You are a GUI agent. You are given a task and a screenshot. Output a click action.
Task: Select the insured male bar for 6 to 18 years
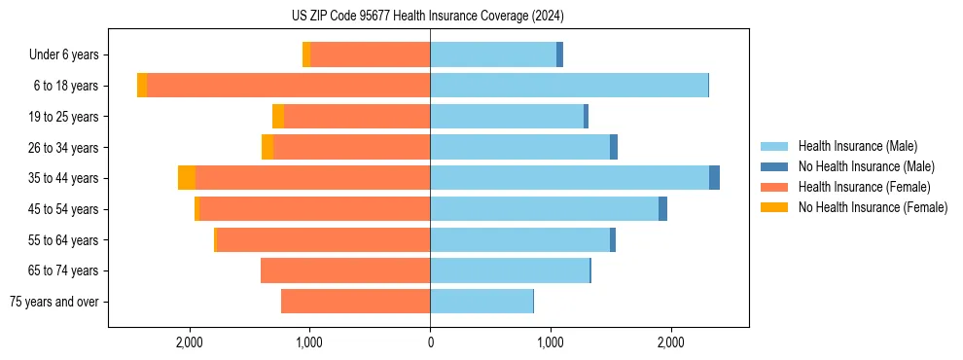pyautogui.click(x=568, y=86)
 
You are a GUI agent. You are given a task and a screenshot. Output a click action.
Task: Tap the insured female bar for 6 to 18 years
pyautogui.click(x=288, y=86)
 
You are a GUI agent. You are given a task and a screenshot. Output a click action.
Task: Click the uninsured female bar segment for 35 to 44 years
pyautogui.click(x=187, y=178)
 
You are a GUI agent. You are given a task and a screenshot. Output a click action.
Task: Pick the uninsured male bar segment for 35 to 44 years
pyautogui.click(x=714, y=178)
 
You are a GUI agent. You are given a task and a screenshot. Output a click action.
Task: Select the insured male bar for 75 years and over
pyautogui.click(x=481, y=302)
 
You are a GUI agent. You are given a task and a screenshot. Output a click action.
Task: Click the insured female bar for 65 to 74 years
pyautogui.click(x=345, y=270)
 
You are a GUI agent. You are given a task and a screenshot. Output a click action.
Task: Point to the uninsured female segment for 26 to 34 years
pyautogui.click(x=267, y=147)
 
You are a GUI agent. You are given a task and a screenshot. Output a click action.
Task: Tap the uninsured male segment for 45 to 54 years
pyautogui.click(x=662, y=209)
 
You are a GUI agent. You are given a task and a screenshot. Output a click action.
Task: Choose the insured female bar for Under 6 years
pyautogui.click(x=370, y=54)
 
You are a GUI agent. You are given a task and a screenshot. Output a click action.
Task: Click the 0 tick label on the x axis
pyautogui.click(x=430, y=342)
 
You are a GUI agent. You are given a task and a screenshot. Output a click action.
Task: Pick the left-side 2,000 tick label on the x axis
pyautogui.click(x=189, y=342)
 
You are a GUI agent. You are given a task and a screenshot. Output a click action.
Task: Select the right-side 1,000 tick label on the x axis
pyautogui.click(x=551, y=342)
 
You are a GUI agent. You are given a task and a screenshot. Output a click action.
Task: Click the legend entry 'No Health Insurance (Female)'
pyautogui.click(x=873, y=207)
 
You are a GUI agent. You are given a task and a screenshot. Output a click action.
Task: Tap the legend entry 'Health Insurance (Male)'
pyautogui.click(x=858, y=146)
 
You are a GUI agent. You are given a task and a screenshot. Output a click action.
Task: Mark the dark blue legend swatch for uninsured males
pyautogui.click(x=774, y=166)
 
